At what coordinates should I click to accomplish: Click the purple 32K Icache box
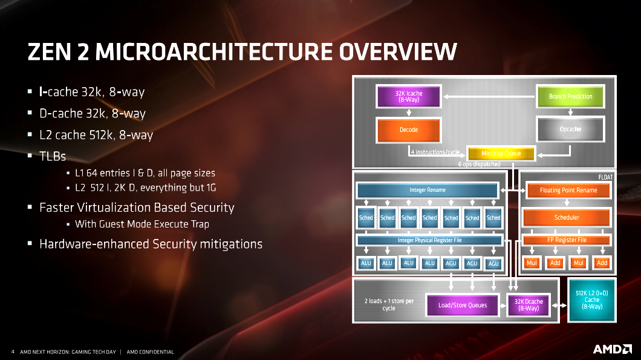click(x=408, y=97)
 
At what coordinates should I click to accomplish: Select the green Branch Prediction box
click(x=570, y=97)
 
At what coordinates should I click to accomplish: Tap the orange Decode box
click(x=408, y=129)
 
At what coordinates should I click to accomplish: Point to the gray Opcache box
click(x=570, y=129)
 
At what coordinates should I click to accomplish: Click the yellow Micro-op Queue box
click(x=501, y=154)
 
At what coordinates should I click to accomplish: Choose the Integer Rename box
click(x=428, y=190)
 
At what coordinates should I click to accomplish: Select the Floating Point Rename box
click(x=568, y=190)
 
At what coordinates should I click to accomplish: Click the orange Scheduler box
click(x=567, y=217)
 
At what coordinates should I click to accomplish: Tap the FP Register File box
click(x=567, y=240)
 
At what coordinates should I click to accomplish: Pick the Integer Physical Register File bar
click(x=429, y=240)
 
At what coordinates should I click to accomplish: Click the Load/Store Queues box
click(x=463, y=305)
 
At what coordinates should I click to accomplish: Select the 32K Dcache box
click(x=529, y=305)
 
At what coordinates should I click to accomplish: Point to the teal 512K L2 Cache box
click(x=591, y=300)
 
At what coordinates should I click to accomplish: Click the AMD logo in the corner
click(x=613, y=349)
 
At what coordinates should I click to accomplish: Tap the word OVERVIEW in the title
click(x=398, y=52)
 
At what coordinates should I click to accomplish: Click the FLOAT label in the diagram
click(x=605, y=177)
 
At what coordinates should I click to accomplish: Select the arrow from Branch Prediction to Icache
click(x=489, y=97)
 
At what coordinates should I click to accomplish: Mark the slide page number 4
click(x=13, y=352)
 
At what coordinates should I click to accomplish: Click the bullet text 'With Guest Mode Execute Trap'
click(x=142, y=224)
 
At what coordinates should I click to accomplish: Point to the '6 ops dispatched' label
click(x=479, y=165)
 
